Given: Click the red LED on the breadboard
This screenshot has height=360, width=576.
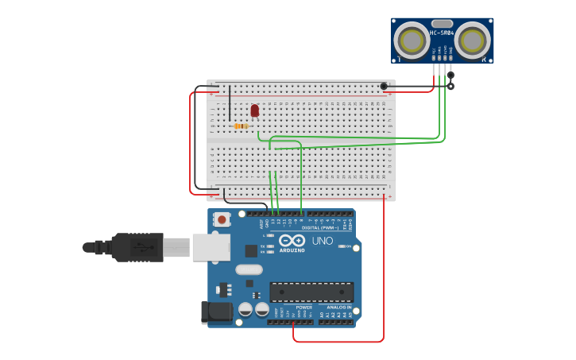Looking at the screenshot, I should [x=254, y=110].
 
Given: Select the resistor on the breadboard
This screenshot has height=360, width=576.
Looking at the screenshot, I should [x=242, y=126].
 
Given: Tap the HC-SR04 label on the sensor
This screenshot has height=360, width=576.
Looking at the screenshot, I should [x=442, y=33].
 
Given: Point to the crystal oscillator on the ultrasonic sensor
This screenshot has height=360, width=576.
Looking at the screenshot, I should [x=442, y=24].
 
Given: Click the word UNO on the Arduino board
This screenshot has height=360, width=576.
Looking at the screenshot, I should [x=323, y=241].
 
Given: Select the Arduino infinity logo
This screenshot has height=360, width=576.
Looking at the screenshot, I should [x=292, y=240].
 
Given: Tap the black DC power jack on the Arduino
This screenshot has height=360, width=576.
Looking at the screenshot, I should [x=216, y=312].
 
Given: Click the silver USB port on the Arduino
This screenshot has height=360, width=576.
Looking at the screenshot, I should [x=211, y=247].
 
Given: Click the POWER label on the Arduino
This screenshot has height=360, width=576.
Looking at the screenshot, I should [x=303, y=307].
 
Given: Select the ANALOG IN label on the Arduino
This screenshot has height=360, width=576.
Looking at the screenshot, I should [x=338, y=307].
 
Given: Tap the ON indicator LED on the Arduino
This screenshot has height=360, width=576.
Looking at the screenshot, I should [x=342, y=246].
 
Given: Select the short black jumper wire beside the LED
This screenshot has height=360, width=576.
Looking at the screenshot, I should [x=230, y=103].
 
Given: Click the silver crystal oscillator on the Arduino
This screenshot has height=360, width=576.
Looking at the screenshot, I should [x=249, y=269].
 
